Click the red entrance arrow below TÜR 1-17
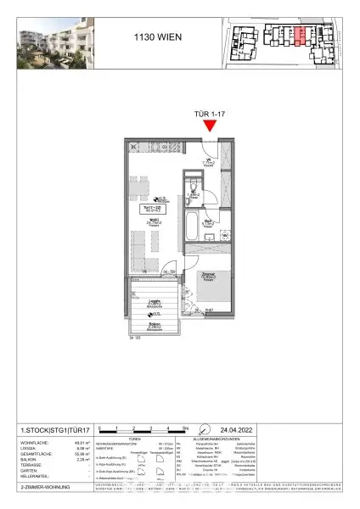tap(210, 126)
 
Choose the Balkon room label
tap(155, 324)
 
